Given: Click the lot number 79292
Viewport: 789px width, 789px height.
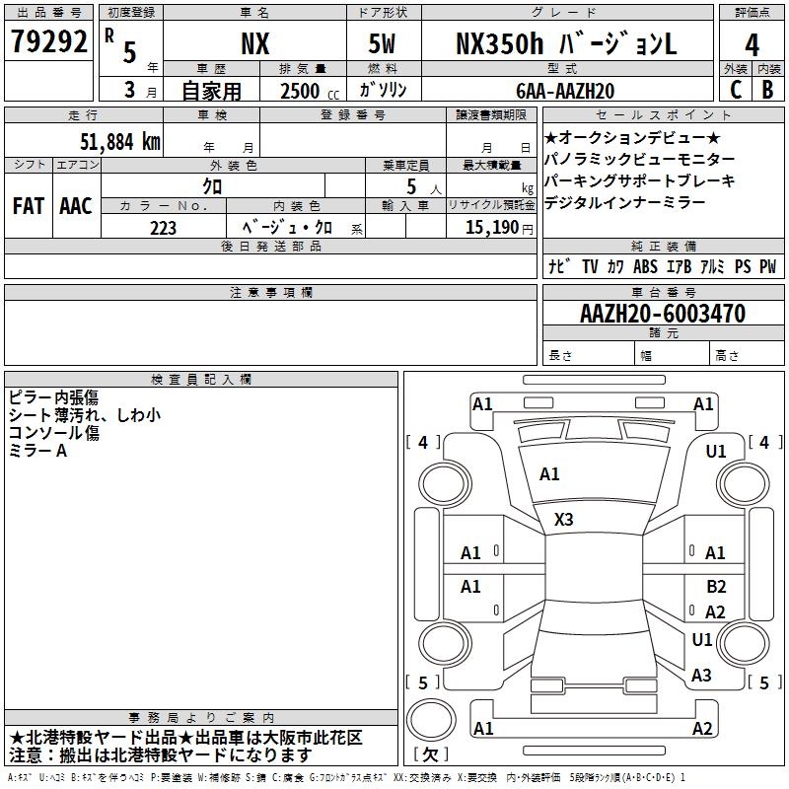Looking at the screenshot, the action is (48, 41).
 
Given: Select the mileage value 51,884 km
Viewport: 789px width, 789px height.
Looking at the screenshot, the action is (120, 142).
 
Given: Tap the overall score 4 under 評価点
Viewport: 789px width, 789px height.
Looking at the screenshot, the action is (752, 44).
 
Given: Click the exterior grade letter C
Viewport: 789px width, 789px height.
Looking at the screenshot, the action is (736, 90).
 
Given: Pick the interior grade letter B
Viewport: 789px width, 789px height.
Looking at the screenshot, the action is (767, 90).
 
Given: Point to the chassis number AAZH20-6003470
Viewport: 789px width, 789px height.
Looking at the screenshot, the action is (663, 314).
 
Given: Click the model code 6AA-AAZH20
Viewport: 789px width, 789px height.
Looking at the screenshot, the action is (565, 91).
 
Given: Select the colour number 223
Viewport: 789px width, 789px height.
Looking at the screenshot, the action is (163, 228).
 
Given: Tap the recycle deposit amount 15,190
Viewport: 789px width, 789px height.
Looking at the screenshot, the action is (492, 228).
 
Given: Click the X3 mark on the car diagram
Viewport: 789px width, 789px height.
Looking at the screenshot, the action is (563, 520).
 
